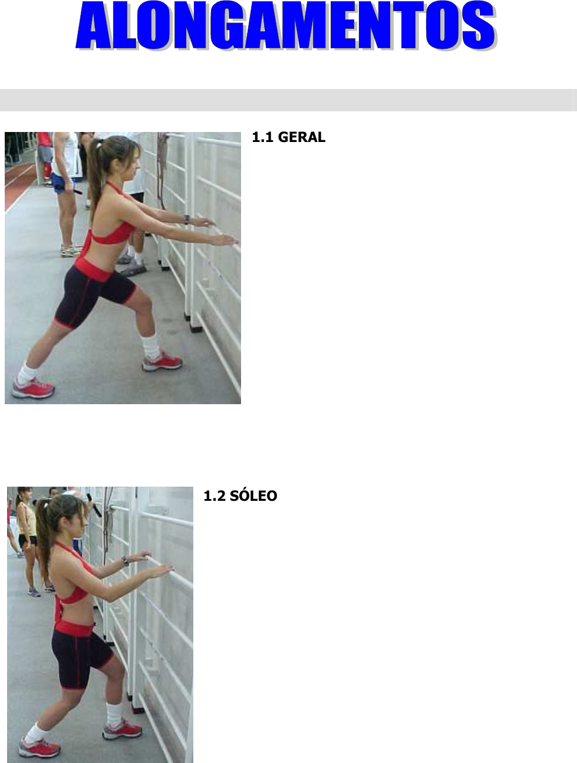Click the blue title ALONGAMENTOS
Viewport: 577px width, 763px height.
tap(286, 26)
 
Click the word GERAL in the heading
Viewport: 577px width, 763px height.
tap(302, 137)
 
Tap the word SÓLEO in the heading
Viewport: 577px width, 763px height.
tap(253, 496)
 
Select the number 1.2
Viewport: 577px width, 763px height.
tap(214, 496)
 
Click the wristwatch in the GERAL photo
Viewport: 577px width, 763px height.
tap(187, 219)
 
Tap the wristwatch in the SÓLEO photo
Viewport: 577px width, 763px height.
tap(126, 561)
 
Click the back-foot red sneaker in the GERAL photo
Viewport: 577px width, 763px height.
tap(33, 388)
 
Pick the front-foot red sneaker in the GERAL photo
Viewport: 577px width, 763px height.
tap(162, 362)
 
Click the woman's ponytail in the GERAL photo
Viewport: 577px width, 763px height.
tap(94, 177)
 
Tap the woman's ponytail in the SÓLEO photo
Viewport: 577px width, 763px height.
tap(43, 536)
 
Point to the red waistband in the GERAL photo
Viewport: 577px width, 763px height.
tap(93, 270)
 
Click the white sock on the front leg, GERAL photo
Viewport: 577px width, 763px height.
tap(151, 346)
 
